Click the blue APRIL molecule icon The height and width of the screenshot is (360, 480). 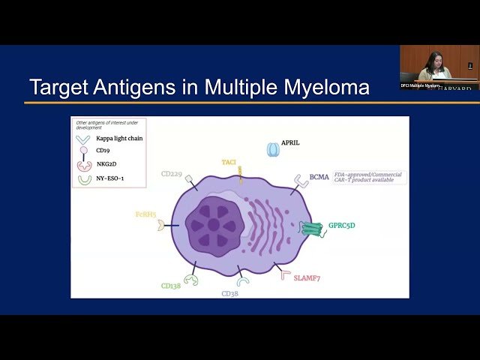(x=273, y=150)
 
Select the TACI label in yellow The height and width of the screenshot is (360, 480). (x=229, y=162)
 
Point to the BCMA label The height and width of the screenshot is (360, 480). (x=319, y=177)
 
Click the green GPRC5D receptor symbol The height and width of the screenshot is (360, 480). (x=310, y=229)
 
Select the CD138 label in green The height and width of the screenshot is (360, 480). (x=171, y=286)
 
